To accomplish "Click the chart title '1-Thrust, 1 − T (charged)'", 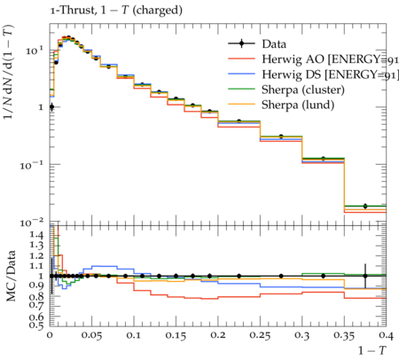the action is (x=116, y=11).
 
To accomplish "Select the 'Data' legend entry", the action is (x=257, y=44).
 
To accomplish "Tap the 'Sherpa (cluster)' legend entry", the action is (x=286, y=90).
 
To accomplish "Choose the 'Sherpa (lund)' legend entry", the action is (x=281, y=105).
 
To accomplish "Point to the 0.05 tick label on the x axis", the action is (x=91, y=336).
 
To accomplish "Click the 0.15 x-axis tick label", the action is (x=176, y=336).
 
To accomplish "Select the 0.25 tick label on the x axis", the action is (x=260, y=336).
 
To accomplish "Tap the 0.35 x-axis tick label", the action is (x=344, y=336).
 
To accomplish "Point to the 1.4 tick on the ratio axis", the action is (x=36, y=235).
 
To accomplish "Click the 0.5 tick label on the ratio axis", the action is (x=36, y=325).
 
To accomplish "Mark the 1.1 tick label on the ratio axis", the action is (x=36, y=265).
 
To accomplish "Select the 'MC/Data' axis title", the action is (x=11, y=276).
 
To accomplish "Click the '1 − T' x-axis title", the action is (x=372, y=350).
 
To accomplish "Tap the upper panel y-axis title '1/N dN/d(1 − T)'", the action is (x=8, y=72).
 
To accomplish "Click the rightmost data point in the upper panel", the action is (x=365, y=206).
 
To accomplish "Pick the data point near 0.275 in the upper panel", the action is (x=281, y=137).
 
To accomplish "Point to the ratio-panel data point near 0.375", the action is (x=365, y=276).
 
